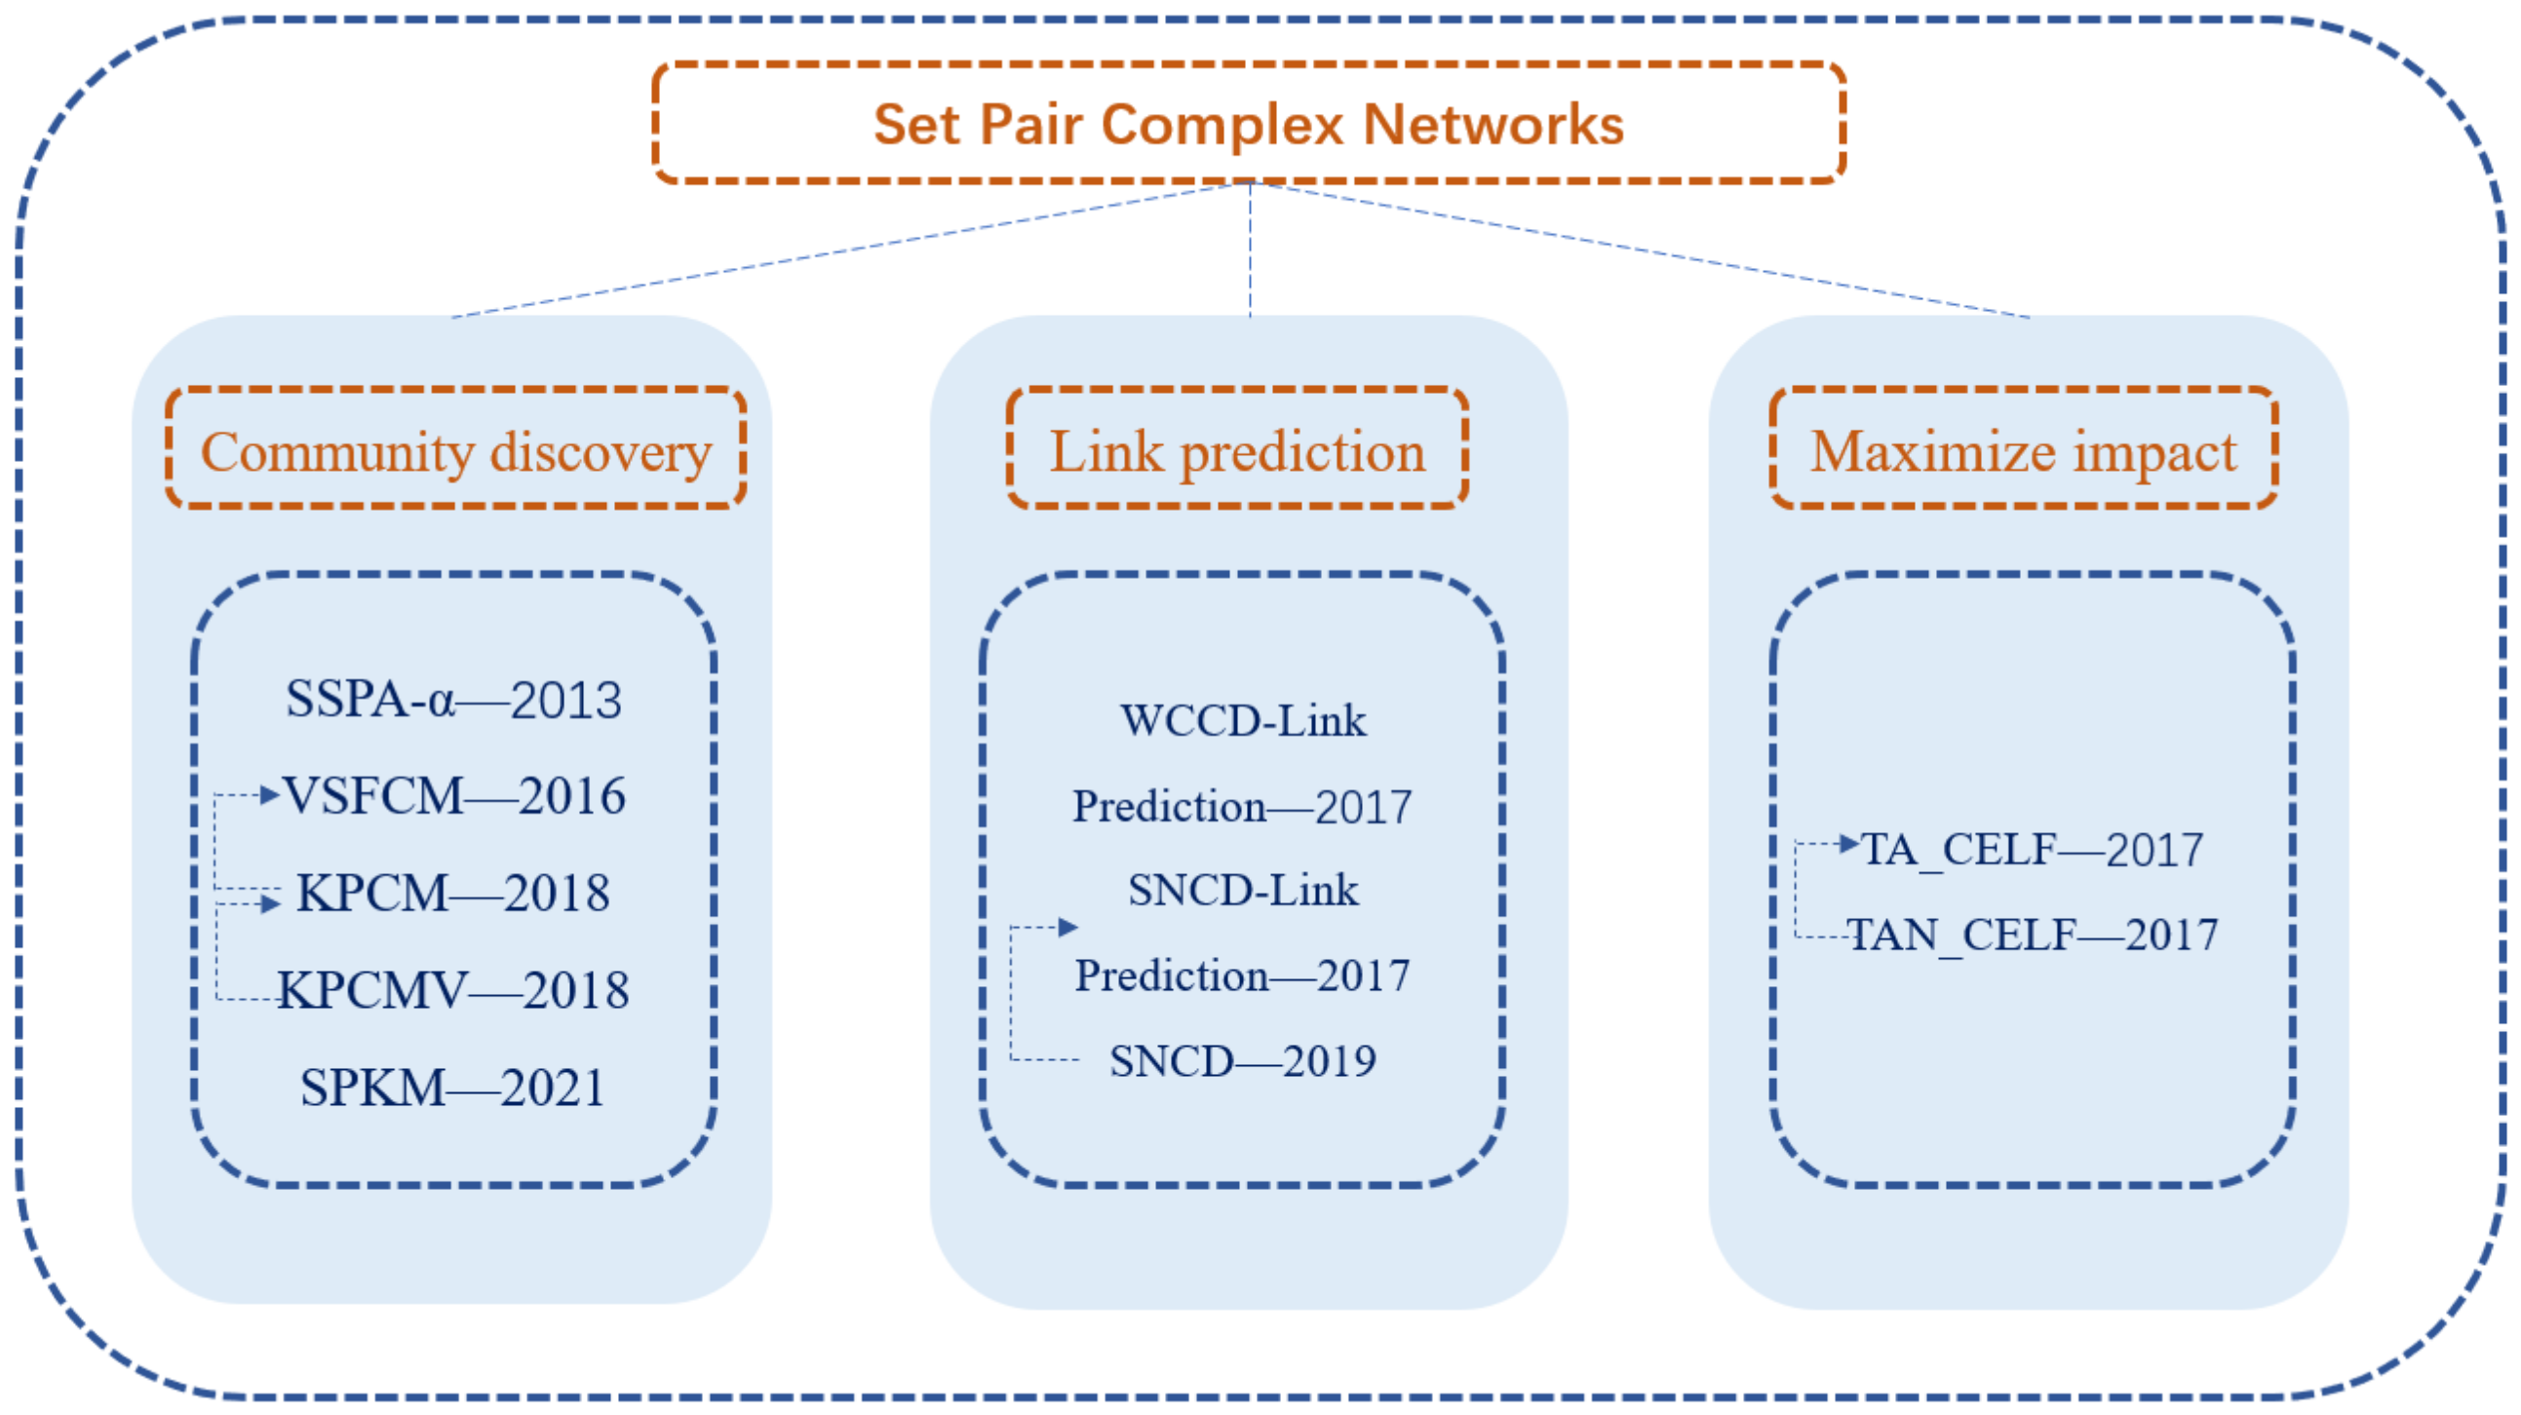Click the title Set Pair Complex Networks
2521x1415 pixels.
pyautogui.click(x=1249, y=125)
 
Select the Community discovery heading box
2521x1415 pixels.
pyautogui.click(x=456, y=449)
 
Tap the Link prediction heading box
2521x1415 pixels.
pyautogui.click(x=1237, y=449)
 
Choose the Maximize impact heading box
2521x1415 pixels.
pyautogui.click(x=2024, y=449)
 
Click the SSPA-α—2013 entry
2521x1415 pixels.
pyautogui.click(x=453, y=700)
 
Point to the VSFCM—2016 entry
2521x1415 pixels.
pyautogui.click(x=454, y=794)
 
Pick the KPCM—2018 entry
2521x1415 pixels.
pyautogui.click(x=453, y=893)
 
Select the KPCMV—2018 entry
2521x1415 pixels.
pyautogui.click(x=453, y=989)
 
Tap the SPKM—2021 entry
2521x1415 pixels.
pyautogui.click(x=452, y=1088)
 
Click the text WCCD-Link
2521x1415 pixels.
pyautogui.click(x=1243, y=721)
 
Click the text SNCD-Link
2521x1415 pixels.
pyautogui.click(x=1243, y=891)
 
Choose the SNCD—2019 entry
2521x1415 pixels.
pyautogui.click(x=1243, y=1060)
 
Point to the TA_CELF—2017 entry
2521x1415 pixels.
pyautogui.click(x=2032, y=850)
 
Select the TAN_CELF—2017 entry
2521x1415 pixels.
pyautogui.click(x=2032, y=935)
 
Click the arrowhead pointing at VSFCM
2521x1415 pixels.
pyautogui.click(x=270, y=794)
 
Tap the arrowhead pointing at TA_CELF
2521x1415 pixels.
pyautogui.click(x=1848, y=844)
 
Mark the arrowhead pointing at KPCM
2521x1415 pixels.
pyautogui.click(x=271, y=903)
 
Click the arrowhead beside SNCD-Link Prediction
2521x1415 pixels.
pyautogui.click(x=1067, y=927)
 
